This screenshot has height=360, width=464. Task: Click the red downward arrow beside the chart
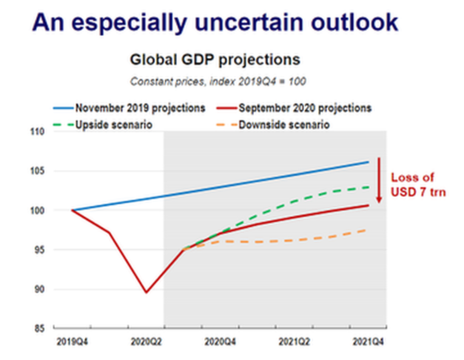pos(379,180)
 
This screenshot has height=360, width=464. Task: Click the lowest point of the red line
pos(146,293)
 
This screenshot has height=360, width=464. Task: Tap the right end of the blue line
pos(369,161)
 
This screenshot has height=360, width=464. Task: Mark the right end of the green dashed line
pos(369,187)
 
